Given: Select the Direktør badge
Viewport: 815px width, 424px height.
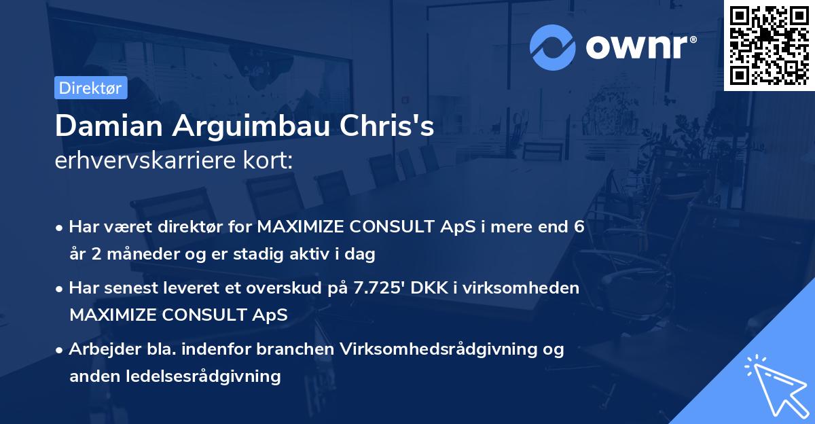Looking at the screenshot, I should [90, 88].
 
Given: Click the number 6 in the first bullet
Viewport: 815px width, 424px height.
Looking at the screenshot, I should [579, 227].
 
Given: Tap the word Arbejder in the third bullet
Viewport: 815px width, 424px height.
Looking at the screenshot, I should [98, 349].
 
